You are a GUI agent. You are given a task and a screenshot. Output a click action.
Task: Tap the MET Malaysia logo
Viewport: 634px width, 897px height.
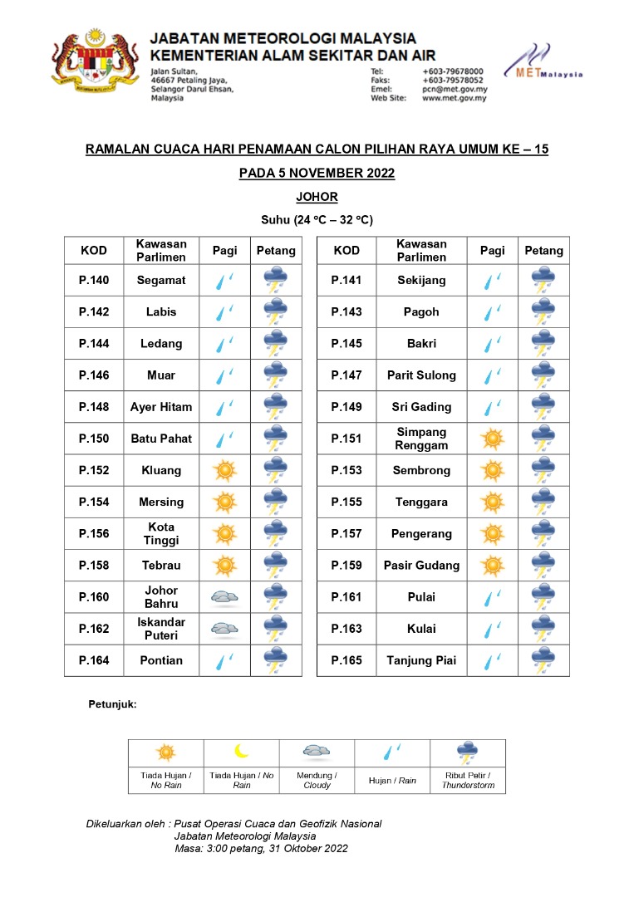click(543, 62)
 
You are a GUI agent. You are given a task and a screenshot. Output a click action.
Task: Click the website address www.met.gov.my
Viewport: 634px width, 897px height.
click(454, 98)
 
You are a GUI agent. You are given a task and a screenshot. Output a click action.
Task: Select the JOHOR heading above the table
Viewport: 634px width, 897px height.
click(317, 197)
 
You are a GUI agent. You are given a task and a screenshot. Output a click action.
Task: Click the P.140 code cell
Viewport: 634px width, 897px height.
click(94, 280)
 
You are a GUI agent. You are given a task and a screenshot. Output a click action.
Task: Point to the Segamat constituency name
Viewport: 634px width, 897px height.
click(161, 280)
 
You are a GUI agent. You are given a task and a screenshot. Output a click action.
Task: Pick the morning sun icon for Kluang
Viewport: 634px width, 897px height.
click(224, 470)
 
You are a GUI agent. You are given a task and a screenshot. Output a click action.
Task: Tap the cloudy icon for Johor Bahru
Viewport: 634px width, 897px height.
click(224, 596)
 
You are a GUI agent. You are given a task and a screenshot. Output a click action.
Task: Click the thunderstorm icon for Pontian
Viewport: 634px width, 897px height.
click(276, 660)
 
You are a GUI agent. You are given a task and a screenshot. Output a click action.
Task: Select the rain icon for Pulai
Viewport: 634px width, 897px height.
click(493, 596)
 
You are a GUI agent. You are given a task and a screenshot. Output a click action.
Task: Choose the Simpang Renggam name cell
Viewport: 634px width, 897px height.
click(421, 439)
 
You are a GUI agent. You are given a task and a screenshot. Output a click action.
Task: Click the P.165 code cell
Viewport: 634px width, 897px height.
click(346, 660)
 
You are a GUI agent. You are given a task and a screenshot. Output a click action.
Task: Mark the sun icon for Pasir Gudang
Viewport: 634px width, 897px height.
click(493, 565)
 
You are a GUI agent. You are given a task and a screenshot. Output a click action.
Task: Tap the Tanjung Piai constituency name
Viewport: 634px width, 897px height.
click(421, 660)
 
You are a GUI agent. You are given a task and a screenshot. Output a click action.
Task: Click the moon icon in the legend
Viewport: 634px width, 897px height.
click(242, 752)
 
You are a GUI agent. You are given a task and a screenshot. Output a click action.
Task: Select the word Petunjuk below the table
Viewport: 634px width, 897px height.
click(112, 704)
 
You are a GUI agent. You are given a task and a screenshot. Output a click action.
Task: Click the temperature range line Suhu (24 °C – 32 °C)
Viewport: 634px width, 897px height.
click(317, 220)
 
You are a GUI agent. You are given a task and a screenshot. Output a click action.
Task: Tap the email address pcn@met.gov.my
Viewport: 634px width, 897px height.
click(455, 89)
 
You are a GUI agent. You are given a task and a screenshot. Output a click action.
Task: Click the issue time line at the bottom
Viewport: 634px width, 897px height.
click(261, 848)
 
